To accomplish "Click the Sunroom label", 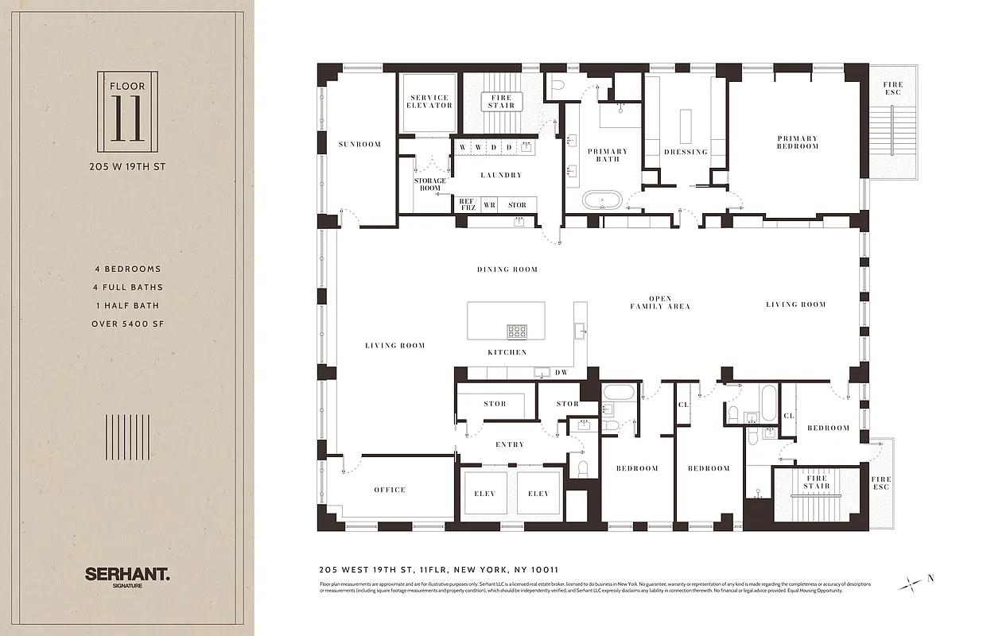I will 359,145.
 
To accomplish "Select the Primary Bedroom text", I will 797,142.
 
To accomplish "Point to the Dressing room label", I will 686,152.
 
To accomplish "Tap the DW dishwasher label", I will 561,372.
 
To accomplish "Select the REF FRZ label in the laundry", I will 467,205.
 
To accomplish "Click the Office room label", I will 390,490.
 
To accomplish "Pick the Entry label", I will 509,444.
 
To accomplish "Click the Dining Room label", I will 507,270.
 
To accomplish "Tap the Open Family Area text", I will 659,303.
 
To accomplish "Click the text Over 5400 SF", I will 127,324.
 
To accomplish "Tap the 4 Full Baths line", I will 127,287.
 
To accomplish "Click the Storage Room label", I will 429,184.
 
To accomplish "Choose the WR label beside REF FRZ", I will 489,205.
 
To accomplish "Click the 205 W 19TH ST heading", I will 127,167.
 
